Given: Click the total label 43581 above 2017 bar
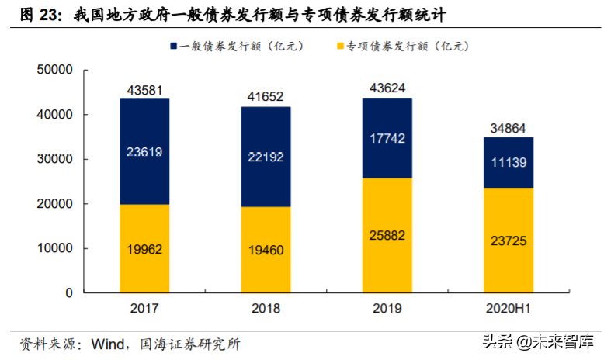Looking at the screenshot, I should point(144,89).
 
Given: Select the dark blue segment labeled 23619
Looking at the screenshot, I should point(144,151).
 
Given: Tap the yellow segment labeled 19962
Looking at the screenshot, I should point(144,249).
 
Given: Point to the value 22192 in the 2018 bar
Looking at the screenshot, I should point(266,157).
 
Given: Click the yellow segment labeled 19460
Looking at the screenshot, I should point(266,250).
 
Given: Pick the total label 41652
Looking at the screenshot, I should point(266,97).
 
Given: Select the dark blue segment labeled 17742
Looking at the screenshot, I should point(387,138).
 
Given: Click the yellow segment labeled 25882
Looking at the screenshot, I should point(387,236).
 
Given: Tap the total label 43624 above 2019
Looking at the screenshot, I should point(387,88).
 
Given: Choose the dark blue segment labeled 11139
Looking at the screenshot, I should point(509,162).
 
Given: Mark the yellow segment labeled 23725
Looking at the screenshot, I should point(509,241).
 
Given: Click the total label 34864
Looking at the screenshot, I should point(509,127).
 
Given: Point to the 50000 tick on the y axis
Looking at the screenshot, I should point(54,70).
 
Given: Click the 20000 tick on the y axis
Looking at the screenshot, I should point(54,204).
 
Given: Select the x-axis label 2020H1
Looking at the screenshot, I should point(509,308).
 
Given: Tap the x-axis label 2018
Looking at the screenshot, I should point(266,308).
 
